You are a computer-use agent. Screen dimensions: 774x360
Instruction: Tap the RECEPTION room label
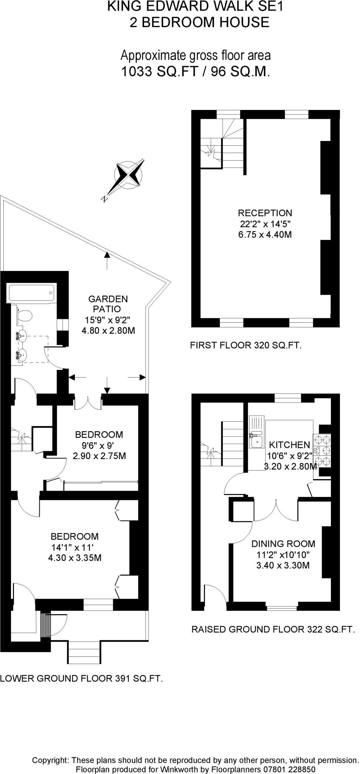(265, 213)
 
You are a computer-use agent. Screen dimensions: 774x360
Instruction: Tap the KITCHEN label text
(289, 445)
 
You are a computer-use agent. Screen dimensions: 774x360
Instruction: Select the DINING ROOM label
(283, 544)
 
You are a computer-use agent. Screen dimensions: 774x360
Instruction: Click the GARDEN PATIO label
(108, 304)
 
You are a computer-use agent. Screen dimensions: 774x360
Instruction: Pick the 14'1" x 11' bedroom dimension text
(72, 547)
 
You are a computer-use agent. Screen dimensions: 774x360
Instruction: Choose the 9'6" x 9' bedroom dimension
(99, 445)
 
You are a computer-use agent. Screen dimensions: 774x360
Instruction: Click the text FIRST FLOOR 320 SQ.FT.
(245, 345)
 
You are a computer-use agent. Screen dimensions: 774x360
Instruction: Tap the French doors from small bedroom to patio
(88, 402)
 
